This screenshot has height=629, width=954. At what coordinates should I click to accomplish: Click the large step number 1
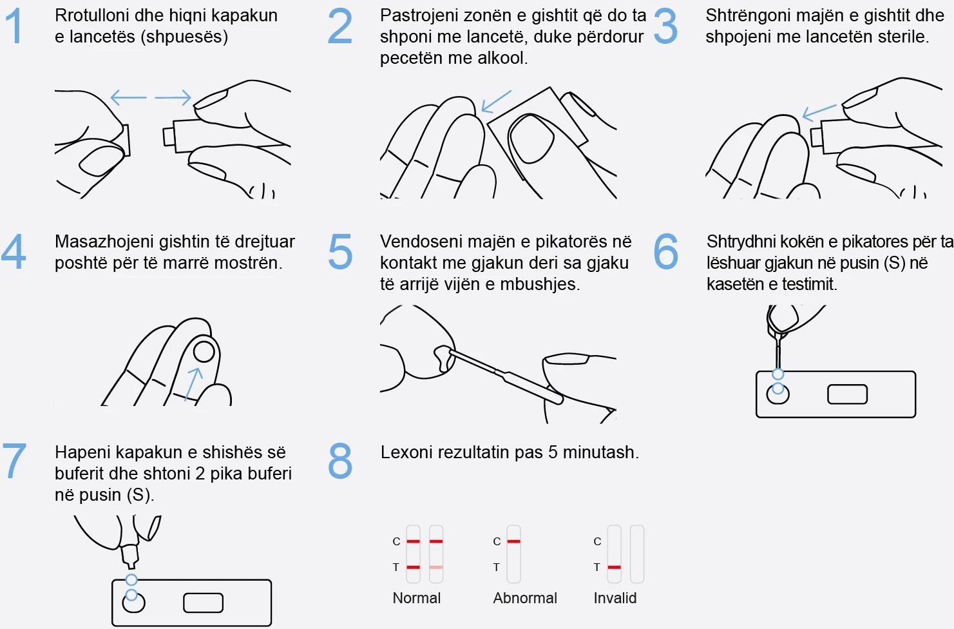click(x=14, y=26)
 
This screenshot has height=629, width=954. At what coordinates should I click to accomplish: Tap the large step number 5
click(x=340, y=251)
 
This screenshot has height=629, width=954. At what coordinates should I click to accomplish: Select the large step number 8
click(x=340, y=461)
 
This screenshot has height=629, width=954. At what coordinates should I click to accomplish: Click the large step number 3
click(x=665, y=26)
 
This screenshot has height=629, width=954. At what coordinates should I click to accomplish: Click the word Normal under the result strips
click(x=417, y=598)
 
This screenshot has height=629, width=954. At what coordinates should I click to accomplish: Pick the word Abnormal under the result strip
click(x=525, y=598)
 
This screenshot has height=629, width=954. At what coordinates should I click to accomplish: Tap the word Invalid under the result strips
click(x=615, y=598)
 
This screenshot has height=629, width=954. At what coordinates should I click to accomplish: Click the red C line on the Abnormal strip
click(x=513, y=541)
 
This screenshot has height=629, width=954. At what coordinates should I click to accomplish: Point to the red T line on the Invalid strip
click(x=614, y=567)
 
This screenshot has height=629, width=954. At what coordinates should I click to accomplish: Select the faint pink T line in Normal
click(x=436, y=567)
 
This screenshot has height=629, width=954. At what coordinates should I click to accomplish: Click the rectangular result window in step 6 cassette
click(x=847, y=394)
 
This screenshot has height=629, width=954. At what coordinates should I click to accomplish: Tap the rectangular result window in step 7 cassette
click(x=203, y=603)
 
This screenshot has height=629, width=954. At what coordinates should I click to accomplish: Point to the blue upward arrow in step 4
click(x=193, y=384)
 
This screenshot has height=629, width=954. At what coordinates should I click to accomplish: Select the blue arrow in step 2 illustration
click(x=496, y=101)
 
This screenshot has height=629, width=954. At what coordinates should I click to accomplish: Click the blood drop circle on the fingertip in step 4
click(x=204, y=352)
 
